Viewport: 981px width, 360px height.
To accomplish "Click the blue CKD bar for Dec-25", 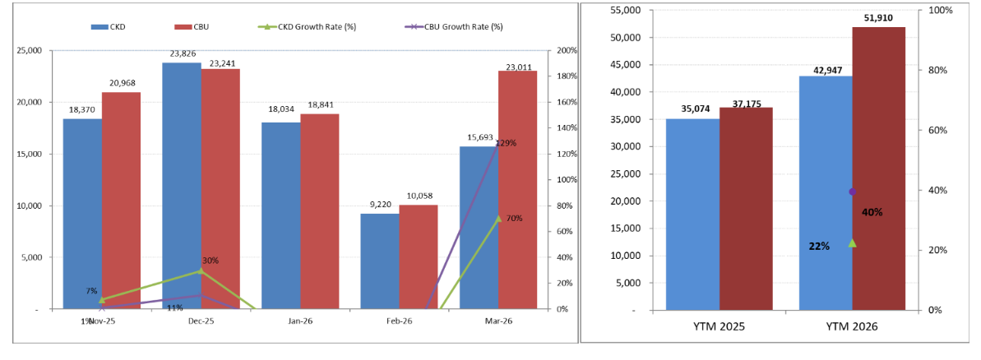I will click(182, 185).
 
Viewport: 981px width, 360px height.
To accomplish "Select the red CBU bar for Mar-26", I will click(517, 189).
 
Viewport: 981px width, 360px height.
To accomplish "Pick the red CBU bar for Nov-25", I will click(121, 201).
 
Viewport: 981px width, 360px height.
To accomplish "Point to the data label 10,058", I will click(419, 196).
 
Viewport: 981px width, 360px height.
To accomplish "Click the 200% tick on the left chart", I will click(567, 50).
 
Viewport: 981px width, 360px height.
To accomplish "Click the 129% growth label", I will click(506, 143).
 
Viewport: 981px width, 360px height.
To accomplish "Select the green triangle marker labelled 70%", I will click(498, 219).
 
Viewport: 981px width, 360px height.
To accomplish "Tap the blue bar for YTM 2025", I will click(692, 214).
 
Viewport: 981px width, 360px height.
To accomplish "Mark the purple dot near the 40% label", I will click(853, 192).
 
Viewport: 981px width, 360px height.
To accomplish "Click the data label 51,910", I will click(878, 17).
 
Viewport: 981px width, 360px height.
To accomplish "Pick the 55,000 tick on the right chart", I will click(626, 10).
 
